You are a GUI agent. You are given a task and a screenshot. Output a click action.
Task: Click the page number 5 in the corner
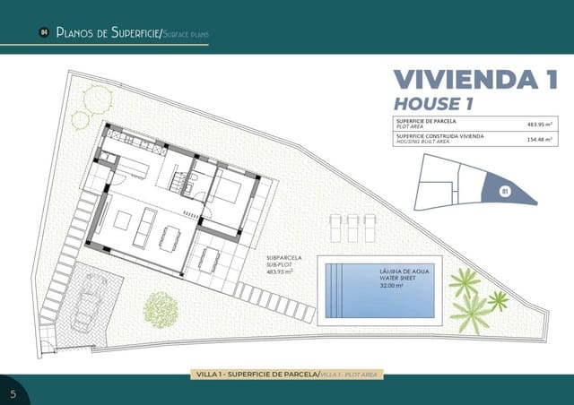coord(13,393)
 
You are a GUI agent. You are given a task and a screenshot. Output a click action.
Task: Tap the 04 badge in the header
coord(43,33)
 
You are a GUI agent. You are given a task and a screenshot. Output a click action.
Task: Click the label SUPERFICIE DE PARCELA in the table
coord(426,121)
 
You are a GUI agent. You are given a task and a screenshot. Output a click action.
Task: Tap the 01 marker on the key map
coord(505,191)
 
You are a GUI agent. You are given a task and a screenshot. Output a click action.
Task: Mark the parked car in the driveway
coord(92,298)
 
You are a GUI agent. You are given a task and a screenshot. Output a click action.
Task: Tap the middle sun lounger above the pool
coord(353,228)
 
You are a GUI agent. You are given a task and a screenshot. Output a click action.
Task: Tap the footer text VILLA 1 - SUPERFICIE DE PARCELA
coord(257,374)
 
